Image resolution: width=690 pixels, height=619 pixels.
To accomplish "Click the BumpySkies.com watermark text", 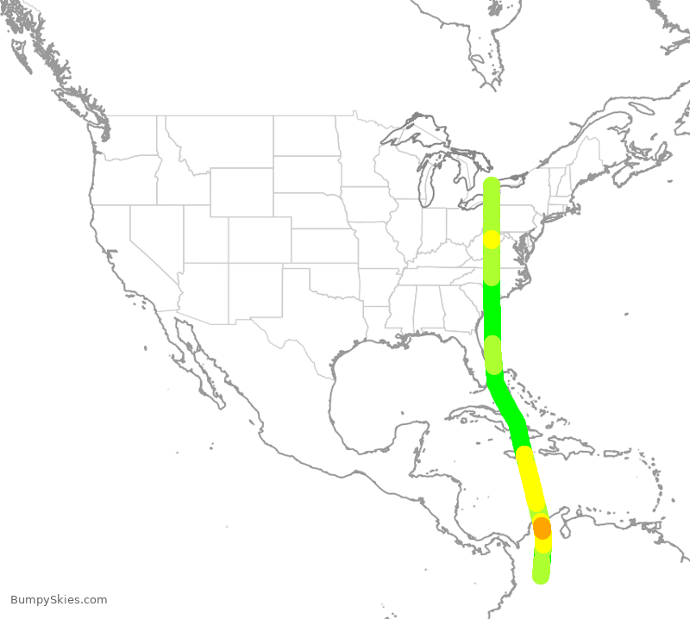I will (x=60, y=600).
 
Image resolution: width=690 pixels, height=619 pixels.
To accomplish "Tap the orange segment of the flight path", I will (x=542, y=527).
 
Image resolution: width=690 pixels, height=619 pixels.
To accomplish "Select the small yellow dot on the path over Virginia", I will (x=491, y=239).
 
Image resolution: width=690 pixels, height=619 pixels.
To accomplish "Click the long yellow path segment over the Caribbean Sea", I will (x=530, y=479).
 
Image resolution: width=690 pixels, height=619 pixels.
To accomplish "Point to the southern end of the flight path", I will (x=541, y=576).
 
